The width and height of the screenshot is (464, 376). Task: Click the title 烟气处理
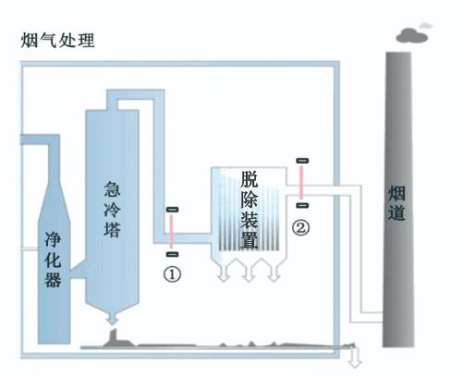[57, 41]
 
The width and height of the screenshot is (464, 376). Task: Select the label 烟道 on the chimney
[397, 202]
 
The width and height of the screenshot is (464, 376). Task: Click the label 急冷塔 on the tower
[112, 210]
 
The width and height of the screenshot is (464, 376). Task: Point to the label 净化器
[53, 260]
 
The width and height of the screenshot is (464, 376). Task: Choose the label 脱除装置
[250, 210]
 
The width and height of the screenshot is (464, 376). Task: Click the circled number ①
[172, 274]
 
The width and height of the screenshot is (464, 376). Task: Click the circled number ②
[300, 227]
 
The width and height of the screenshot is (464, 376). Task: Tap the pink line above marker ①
[172, 232]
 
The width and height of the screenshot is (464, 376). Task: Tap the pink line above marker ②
[301, 183]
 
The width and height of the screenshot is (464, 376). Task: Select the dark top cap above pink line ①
[172, 210]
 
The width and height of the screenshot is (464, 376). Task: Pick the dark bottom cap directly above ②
[302, 205]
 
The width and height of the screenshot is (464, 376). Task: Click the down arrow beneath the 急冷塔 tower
[112, 318]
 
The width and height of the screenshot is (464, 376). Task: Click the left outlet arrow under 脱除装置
[224, 273]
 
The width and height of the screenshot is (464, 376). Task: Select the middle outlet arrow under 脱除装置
[249, 273]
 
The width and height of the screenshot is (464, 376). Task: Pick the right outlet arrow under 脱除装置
[274, 273]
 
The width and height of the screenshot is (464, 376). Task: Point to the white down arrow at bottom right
[355, 358]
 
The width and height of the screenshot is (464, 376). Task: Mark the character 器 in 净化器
[53, 280]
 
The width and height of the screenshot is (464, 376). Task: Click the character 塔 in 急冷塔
[112, 229]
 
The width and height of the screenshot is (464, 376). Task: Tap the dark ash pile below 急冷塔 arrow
[116, 340]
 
